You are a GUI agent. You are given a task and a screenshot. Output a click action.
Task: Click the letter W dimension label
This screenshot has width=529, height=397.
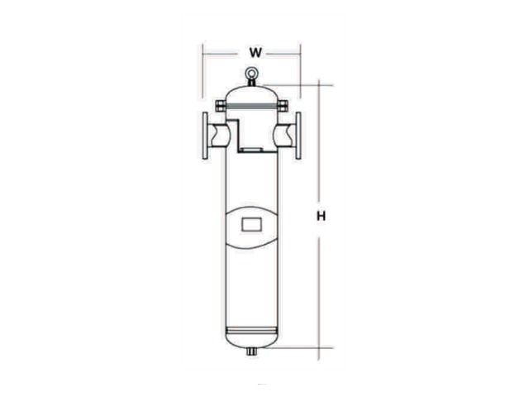(255, 53)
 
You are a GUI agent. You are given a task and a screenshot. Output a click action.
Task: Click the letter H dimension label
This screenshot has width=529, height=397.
(322, 216)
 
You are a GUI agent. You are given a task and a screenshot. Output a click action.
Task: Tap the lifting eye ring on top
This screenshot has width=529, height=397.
(251, 73)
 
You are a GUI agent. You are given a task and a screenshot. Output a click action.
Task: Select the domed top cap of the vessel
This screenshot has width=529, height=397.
(251, 94)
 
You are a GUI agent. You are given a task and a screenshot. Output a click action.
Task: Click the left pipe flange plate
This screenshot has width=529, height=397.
(205, 136)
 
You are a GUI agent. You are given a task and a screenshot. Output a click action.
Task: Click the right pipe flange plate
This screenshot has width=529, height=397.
(298, 136)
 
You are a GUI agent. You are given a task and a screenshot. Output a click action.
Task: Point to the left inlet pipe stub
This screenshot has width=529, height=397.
(217, 136)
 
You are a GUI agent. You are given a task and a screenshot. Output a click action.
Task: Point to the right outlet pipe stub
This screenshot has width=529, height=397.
(285, 136)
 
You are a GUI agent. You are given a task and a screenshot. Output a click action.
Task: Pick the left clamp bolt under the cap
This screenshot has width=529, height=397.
(221, 106)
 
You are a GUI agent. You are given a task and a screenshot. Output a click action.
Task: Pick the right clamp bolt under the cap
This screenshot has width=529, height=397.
(283, 106)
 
